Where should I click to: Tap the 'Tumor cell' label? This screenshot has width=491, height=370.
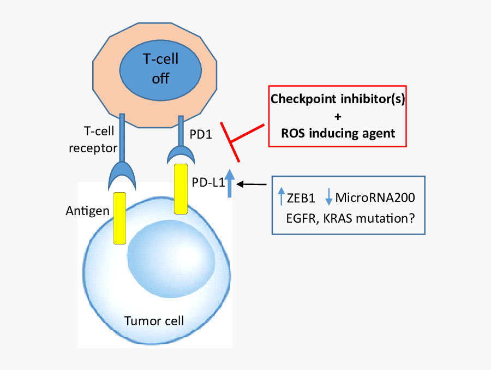point(154,321)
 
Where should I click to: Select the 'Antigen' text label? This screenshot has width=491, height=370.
point(87,211)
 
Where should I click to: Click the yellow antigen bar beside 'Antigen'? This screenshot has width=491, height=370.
point(119,218)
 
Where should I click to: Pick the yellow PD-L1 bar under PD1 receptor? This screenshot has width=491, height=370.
point(181,189)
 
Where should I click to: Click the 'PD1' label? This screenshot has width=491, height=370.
point(201,133)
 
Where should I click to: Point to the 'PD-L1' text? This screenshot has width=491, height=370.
point(208,183)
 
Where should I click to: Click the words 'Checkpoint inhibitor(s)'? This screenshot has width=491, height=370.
point(337,99)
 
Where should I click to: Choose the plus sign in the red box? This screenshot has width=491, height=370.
point(337,116)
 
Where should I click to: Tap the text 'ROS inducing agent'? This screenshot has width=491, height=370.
point(337,133)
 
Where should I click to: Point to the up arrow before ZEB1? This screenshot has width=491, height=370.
point(281,196)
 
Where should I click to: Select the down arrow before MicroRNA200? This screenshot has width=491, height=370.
point(328,196)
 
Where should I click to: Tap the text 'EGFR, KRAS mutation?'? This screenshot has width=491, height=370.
point(349,218)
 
